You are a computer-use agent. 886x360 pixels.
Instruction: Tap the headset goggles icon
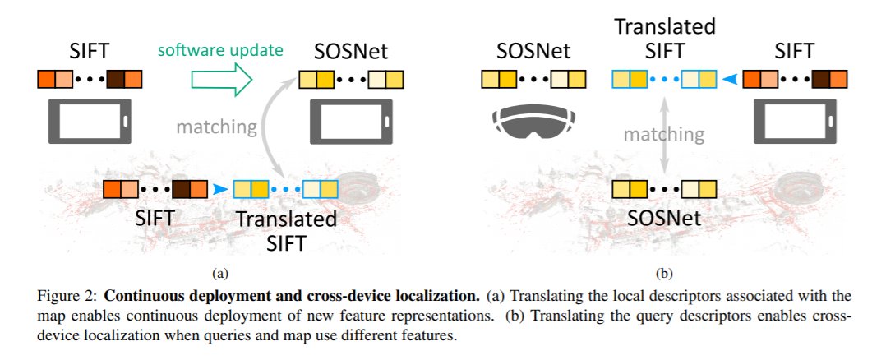point(532,121)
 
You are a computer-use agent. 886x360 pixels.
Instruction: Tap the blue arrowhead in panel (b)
point(728,81)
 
